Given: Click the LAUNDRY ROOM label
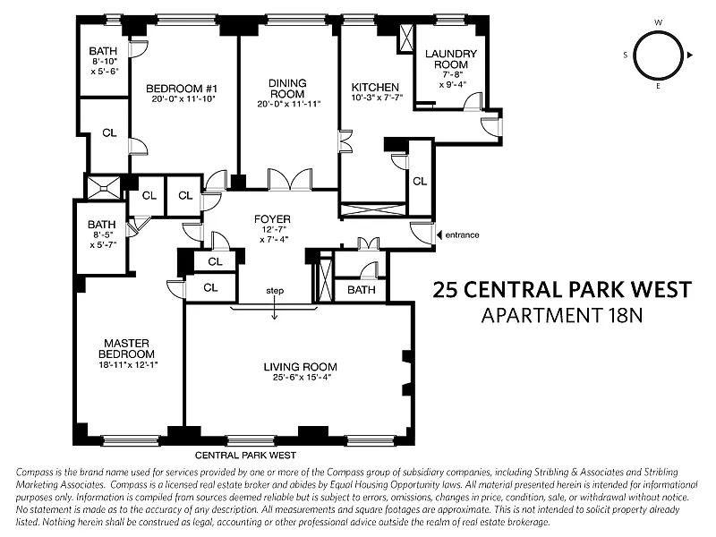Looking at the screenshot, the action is (x=451, y=59).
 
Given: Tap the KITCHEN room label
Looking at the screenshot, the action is (x=375, y=87).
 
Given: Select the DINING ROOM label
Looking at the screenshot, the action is (x=287, y=88).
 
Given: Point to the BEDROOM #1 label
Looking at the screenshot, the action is (x=182, y=88).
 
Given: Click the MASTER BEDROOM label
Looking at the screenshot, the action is (x=126, y=348).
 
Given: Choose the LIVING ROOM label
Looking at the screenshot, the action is (x=301, y=366).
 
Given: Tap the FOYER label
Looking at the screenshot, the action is (x=273, y=219).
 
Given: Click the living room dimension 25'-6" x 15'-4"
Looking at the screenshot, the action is (x=301, y=378).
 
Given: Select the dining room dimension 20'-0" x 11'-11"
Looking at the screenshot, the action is (x=288, y=104).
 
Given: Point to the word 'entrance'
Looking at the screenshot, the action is (x=462, y=234).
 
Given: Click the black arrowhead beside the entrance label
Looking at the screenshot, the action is (x=439, y=234).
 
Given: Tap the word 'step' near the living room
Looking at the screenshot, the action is (x=275, y=291).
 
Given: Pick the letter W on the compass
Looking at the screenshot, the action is (x=658, y=22).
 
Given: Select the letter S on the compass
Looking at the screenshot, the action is (x=625, y=55).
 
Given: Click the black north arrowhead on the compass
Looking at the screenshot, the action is (x=690, y=55).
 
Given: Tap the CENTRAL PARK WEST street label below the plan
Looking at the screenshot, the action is (x=245, y=456).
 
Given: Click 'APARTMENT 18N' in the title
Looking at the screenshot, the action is (x=562, y=316).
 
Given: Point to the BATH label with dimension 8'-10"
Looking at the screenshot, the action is (x=103, y=51).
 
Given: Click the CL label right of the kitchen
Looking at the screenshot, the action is (x=420, y=182).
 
